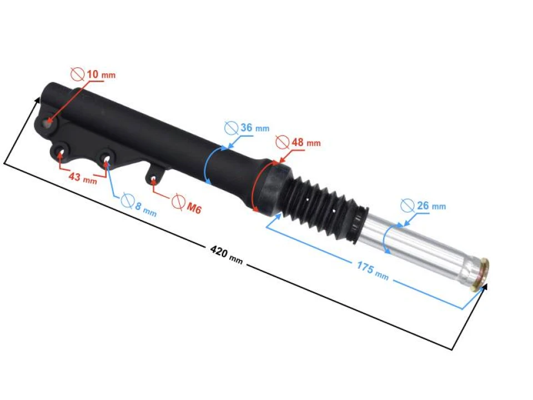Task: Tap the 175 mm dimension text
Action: (373, 271)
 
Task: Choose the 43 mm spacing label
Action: (83, 178)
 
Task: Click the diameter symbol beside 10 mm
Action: (78, 74)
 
